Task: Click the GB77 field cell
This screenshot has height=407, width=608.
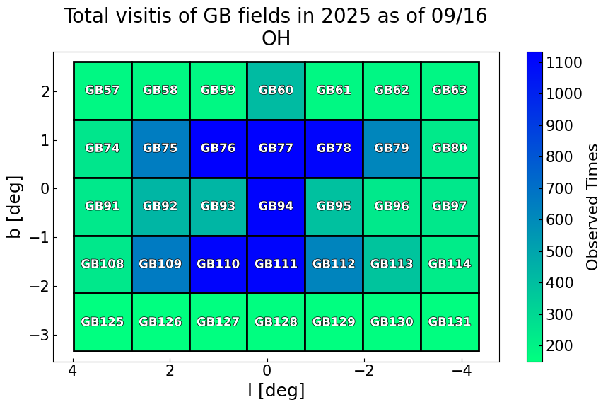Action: click(x=276, y=149)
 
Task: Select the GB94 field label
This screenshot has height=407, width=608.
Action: click(x=276, y=207)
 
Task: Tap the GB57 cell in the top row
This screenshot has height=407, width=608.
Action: click(x=103, y=91)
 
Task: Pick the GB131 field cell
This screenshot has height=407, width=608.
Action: click(x=450, y=322)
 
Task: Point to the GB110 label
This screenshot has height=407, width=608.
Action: click(x=218, y=264)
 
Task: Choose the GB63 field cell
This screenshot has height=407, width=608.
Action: click(x=450, y=91)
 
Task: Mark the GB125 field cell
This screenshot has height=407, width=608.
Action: click(x=103, y=322)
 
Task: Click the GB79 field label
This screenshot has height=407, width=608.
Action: click(x=392, y=149)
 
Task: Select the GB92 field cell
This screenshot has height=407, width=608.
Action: click(x=160, y=207)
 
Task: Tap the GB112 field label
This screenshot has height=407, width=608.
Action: click(x=334, y=264)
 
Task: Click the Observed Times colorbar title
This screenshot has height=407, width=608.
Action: click(x=593, y=207)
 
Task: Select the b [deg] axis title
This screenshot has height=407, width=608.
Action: click(x=15, y=207)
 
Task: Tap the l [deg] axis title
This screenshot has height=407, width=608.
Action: click(x=276, y=390)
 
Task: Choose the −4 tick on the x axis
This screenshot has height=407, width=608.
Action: click(x=462, y=371)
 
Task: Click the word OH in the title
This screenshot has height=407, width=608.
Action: click(x=276, y=39)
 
